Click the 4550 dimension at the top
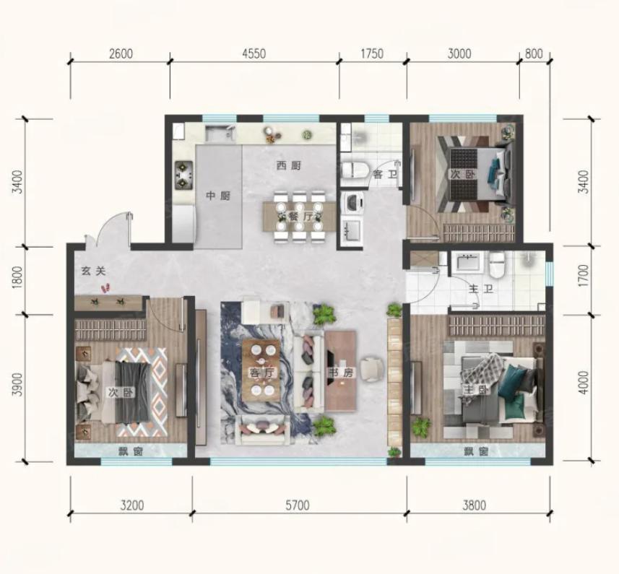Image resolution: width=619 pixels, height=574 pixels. [x=254, y=53]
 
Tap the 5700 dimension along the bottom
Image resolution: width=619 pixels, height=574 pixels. [x=298, y=505]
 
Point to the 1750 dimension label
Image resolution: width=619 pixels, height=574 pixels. [x=372, y=53]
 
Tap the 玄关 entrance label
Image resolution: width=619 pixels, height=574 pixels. [x=94, y=271]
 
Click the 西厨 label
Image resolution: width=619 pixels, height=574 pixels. [x=288, y=165]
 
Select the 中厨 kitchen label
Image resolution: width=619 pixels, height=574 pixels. [x=218, y=196]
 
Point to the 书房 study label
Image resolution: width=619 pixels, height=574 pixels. [x=341, y=373]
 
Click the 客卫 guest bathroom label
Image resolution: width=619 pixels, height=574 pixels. [x=385, y=174]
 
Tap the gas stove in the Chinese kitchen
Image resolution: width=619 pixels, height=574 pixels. [x=183, y=175]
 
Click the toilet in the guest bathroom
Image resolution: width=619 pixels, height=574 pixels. [x=354, y=170]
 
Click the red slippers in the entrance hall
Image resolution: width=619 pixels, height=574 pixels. [x=105, y=288]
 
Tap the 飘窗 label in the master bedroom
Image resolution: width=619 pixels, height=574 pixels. [x=477, y=451]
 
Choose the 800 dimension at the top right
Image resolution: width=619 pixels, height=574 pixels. [x=534, y=53]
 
